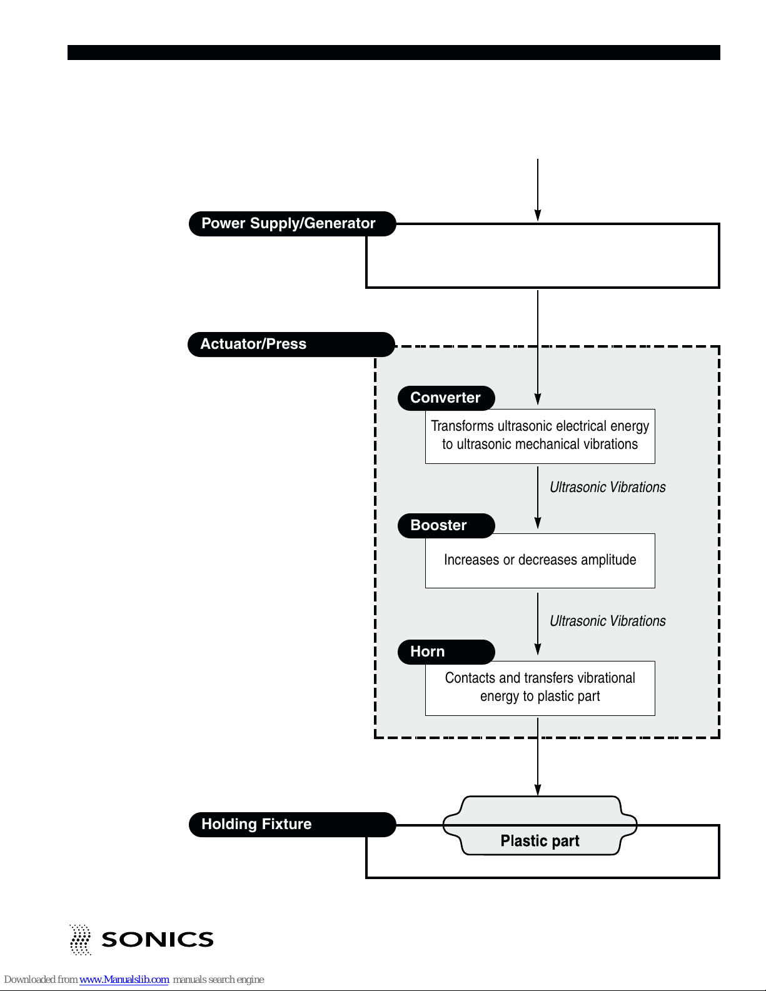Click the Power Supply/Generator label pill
point(292,223)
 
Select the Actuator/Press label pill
point(291,345)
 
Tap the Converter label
point(446,398)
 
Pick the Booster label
point(446,525)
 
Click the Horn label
point(446,651)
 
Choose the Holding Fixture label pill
point(292,824)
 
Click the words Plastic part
point(540,840)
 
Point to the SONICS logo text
point(158,940)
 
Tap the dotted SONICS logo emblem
point(80,940)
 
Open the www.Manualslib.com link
point(124,980)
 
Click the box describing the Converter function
point(540,436)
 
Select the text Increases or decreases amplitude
point(540,560)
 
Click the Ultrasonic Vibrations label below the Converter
point(607,487)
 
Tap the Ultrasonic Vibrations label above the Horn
point(607,621)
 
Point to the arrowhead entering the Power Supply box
point(538,216)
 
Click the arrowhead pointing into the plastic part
point(538,790)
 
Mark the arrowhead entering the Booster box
point(538,523)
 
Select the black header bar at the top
point(394,53)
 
